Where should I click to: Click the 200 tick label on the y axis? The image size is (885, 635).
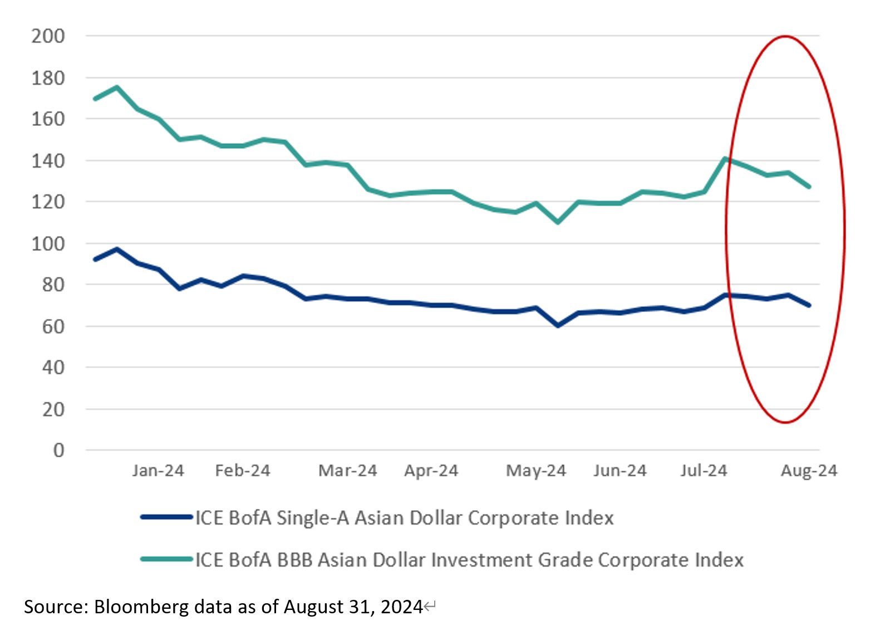48,36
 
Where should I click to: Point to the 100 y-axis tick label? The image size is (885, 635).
48,243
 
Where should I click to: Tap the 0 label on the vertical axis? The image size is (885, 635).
58,450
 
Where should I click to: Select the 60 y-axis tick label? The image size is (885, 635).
53,326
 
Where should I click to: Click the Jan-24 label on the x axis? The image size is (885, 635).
158,471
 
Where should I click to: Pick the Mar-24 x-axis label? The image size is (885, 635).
348,471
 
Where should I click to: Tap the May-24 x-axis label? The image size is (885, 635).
536,471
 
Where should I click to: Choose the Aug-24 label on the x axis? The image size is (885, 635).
809,471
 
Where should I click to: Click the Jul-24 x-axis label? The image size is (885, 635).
704,471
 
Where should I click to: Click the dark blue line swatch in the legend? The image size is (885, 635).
166,517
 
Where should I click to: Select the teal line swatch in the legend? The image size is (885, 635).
166,559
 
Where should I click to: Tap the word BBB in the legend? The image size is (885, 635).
294,560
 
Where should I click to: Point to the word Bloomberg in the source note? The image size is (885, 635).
141,606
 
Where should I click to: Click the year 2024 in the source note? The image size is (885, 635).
402,606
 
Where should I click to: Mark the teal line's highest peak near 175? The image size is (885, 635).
116,87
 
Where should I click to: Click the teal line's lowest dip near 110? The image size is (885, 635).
558,222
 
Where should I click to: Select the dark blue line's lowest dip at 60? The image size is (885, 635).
558,325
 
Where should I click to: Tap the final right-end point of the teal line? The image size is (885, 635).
809,187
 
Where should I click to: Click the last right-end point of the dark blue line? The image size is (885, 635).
809,305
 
